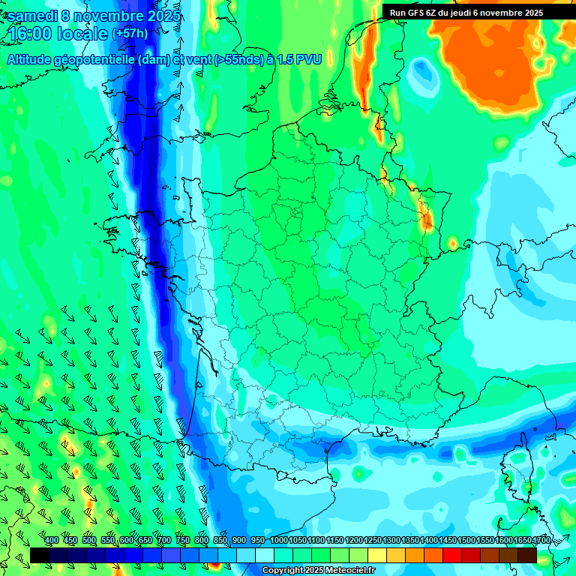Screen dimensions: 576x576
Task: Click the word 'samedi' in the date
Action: pos(34,16)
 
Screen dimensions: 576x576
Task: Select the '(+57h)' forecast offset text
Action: pos(130,34)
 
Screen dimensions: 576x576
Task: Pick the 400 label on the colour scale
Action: pos(52,540)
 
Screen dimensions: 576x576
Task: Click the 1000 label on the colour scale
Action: pos(278,540)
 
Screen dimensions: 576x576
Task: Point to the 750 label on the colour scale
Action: pos(183,540)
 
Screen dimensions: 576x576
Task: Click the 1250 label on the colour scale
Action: pos(373,540)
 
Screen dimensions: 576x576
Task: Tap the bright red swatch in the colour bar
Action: pos(452,555)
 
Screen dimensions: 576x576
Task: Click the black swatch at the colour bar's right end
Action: pos(527,555)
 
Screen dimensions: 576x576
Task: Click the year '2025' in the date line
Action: pos(164,16)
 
